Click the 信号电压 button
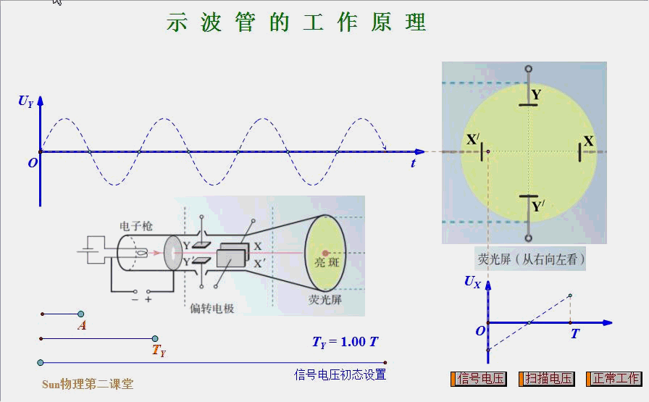tap(479, 379)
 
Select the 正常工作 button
tap(614, 379)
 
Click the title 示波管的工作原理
tap(296, 22)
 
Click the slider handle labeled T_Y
tap(155, 338)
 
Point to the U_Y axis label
tap(26, 101)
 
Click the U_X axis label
tap(472, 282)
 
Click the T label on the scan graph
tap(575, 334)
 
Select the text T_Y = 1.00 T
tap(346, 342)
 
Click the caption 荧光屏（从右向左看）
tap(531, 259)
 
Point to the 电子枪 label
tap(136, 226)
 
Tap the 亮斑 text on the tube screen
tap(326, 262)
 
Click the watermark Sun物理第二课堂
tap(88, 385)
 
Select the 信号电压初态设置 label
tap(340, 374)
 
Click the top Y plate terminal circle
tap(529, 70)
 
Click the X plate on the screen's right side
tap(580, 151)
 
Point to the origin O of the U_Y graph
tap(33, 164)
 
